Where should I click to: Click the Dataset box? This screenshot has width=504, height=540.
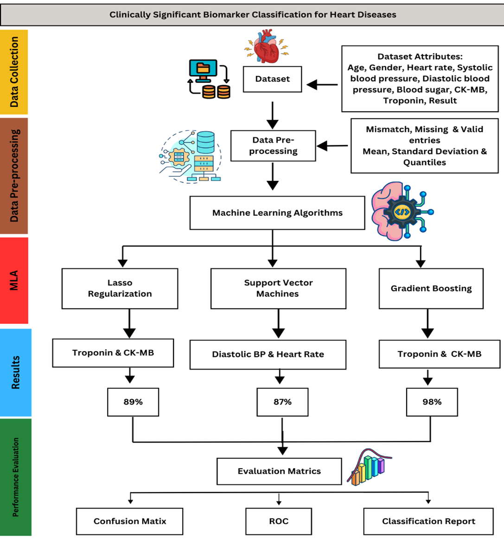click(x=272, y=79)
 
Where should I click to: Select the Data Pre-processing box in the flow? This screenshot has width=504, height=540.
click(x=273, y=146)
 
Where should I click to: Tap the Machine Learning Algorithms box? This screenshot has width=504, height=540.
click(x=277, y=213)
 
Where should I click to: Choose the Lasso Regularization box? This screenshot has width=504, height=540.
click(x=120, y=288)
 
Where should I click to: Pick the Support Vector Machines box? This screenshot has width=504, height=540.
click(x=278, y=288)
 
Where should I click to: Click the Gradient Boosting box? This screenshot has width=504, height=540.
click(x=431, y=288)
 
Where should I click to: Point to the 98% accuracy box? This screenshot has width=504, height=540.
click(x=432, y=402)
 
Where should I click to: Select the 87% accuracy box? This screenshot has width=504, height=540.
click(x=282, y=402)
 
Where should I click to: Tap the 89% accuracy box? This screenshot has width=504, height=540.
click(x=133, y=402)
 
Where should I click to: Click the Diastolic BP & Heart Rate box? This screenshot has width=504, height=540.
click(x=268, y=354)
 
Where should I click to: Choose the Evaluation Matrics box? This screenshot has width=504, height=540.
click(x=279, y=471)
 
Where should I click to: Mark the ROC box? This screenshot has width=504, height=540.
click(x=279, y=521)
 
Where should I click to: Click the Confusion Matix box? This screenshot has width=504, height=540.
click(x=129, y=521)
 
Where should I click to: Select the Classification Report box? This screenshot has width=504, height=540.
click(x=428, y=521)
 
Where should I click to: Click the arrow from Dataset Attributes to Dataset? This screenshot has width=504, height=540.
click(x=322, y=85)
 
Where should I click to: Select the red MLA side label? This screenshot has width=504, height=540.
click(x=14, y=280)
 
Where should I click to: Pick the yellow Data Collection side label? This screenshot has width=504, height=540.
click(x=14, y=72)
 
